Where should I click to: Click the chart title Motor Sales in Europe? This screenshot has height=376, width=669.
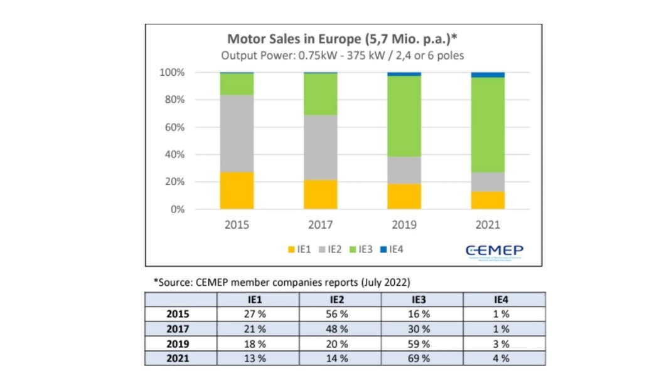pyautogui.click(x=342, y=39)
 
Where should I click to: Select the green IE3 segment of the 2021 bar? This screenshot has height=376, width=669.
pyautogui.click(x=488, y=125)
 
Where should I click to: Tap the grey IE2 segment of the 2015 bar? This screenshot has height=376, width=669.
pyautogui.click(x=237, y=133)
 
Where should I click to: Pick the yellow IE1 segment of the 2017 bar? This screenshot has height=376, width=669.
pyautogui.click(x=320, y=195)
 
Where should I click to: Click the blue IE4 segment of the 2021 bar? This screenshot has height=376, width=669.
pyautogui.click(x=488, y=75)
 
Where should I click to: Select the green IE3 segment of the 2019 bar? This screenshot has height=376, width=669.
pyautogui.click(x=404, y=116)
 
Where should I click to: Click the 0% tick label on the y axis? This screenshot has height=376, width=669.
pyautogui.click(x=177, y=209)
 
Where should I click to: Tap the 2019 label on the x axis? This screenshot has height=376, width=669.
pyautogui.click(x=404, y=225)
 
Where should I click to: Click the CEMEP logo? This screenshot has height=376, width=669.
pyautogui.click(x=494, y=251)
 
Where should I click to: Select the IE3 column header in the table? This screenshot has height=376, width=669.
pyautogui.click(x=421, y=300)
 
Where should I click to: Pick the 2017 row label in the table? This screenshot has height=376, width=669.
pyautogui.click(x=178, y=329)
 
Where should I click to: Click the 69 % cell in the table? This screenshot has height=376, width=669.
pyautogui.click(x=421, y=358)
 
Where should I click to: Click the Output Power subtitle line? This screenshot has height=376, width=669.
pyautogui.click(x=342, y=55)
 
